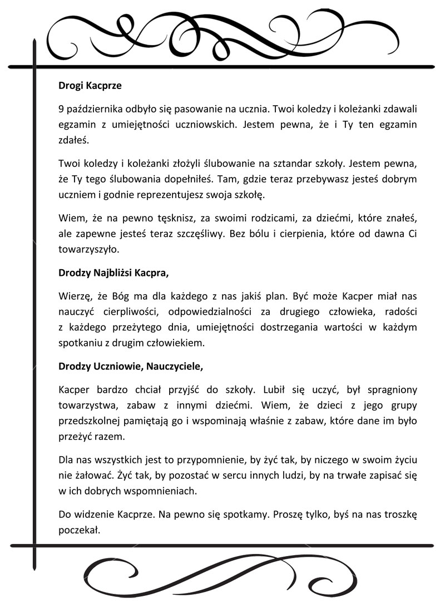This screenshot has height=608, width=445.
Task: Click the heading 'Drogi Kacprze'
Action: click(90, 86)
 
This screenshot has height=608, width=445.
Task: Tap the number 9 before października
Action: click(61, 107)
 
